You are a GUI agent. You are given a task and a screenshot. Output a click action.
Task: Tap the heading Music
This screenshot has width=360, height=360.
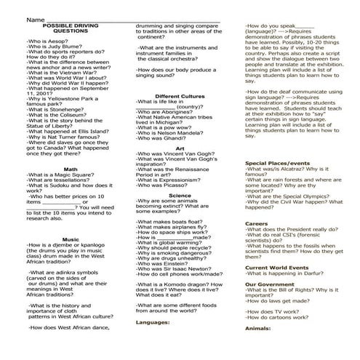point(71,239)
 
